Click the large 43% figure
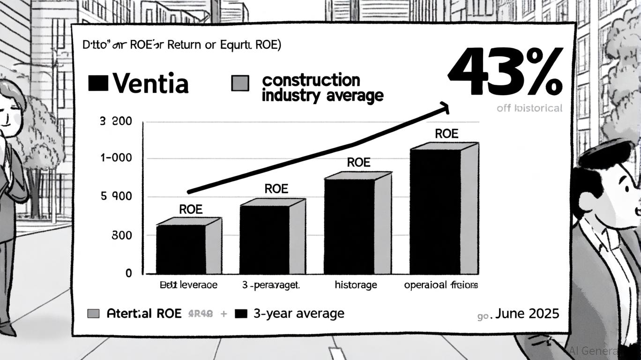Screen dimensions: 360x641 click(x=505, y=71)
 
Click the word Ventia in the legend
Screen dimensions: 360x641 click(x=151, y=84)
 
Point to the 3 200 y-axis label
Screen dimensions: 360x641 click(x=116, y=122)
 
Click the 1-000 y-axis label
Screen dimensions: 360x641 click(x=116, y=158)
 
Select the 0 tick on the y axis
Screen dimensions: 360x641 click(x=128, y=273)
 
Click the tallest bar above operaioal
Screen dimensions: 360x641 click(x=436, y=211)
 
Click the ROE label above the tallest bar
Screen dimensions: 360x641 click(x=446, y=134)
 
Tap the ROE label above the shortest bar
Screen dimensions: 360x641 click(x=191, y=210)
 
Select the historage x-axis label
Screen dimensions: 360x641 click(x=355, y=285)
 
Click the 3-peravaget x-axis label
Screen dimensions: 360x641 click(x=271, y=285)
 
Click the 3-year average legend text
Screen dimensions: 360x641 click(x=298, y=314)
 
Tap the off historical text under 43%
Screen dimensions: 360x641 click(x=529, y=108)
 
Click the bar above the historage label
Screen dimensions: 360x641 click(x=350, y=226)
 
